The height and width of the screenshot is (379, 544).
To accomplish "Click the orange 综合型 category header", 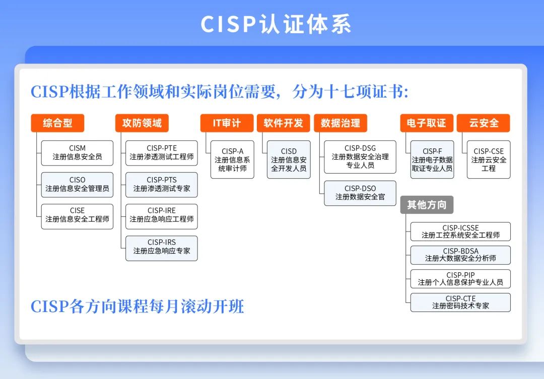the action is [x=57, y=123].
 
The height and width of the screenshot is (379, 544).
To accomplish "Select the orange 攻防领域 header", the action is [x=142, y=123].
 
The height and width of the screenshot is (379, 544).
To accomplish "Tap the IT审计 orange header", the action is [x=227, y=123].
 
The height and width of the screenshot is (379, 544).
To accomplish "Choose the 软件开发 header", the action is [x=284, y=123].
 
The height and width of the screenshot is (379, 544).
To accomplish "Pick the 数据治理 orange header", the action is [x=341, y=123].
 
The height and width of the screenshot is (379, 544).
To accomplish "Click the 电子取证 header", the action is [x=427, y=123].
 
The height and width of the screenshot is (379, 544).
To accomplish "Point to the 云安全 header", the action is [x=484, y=123].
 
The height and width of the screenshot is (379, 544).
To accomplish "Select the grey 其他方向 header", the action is [x=427, y=205].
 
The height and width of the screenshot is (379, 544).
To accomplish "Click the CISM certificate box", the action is [x=78, y=153].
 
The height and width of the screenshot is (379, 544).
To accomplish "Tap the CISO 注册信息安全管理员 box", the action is [x=78, y=185].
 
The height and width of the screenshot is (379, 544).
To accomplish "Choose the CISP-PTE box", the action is [x=162, y=153].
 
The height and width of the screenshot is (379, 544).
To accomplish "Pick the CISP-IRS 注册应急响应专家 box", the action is [x=162, y=248].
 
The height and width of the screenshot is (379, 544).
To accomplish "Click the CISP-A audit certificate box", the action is [x=232, y=160].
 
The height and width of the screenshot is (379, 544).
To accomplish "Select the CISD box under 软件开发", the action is [x=289, y=160].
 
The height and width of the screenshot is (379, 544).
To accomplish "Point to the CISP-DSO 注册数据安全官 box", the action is [x=360, y=193].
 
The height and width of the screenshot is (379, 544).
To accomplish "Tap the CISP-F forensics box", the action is [x=432, y=160].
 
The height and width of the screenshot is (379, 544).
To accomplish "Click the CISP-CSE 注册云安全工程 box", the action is [x=489, y=160].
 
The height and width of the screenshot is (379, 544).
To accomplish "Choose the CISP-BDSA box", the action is [x=461, y=255].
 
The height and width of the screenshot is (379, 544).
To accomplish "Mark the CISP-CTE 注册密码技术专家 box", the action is [x=461, y=302].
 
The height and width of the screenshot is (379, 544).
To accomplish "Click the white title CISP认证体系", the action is [x=276, y=24].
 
